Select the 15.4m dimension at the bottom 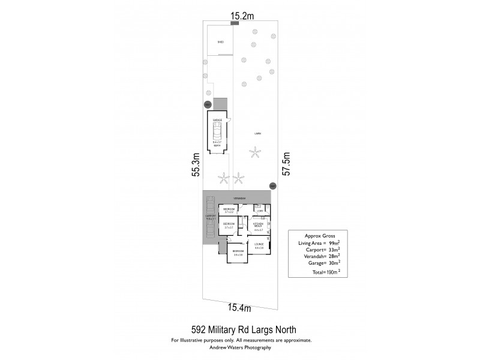click(x=238, y=308)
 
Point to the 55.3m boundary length click(x=196, y=164)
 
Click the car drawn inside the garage click(x=217, y=131)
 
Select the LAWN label click(x=257, y=133)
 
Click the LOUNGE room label click(x=259, y=244)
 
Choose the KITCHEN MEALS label click(x=259, y=224)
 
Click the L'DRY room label click(x=260, y=211)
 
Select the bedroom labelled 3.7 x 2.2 click(x=229, y=210)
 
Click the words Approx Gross click(x=318, y=235)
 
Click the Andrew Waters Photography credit click(x=240, y=347)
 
